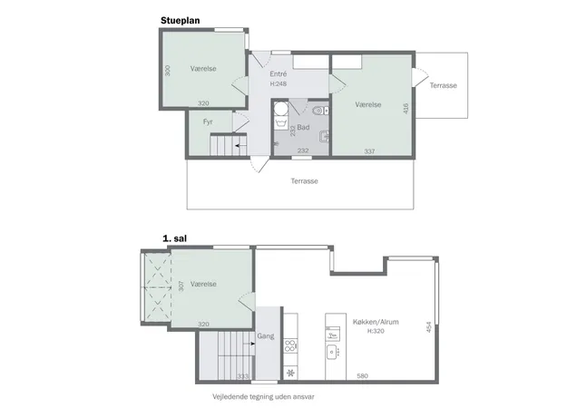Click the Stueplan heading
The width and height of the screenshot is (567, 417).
click(181, 21)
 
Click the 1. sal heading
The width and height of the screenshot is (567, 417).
click(175, 238)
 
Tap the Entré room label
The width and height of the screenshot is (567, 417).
click(279, 73)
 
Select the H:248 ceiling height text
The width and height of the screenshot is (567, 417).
click(279, 83)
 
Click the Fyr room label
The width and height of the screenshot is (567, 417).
click(208, 121)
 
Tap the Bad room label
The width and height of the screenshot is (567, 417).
click(303, 127)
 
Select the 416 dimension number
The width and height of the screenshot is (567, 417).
click(406, 109)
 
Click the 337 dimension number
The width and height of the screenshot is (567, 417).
click(369, 151)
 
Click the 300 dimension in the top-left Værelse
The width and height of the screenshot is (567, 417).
click(167, 71)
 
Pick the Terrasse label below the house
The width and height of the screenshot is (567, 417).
click(305, 181)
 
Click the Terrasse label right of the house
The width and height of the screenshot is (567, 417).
click(444, 85)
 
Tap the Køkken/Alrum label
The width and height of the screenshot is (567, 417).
click(376, 322)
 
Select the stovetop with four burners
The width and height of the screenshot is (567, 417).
click(290, 345)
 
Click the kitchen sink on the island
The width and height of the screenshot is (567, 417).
click(332, 352)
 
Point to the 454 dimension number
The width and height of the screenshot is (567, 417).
click(429, 327)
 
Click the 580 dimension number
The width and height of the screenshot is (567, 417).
click(362, 376)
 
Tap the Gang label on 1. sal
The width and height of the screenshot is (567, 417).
click(266, 336)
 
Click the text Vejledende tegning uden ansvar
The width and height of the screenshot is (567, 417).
click(263, 397)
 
